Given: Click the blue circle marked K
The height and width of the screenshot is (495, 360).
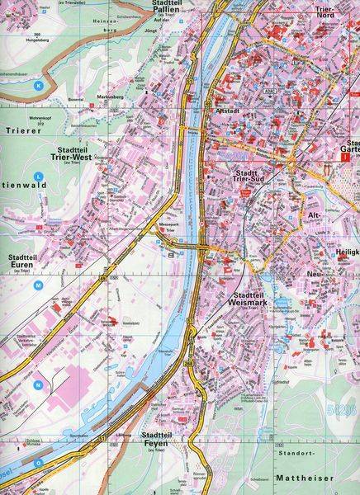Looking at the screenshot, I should pyautogui.click(x=36, y=85).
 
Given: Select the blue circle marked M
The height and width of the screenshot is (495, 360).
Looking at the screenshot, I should pyautogui.click(x=38, y=285).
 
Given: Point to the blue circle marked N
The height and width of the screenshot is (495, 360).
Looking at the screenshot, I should pyautogui.click(x=37, y=385).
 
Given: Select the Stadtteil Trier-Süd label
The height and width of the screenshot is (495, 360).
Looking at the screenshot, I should pyautogui.click(x=240, y=177).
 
